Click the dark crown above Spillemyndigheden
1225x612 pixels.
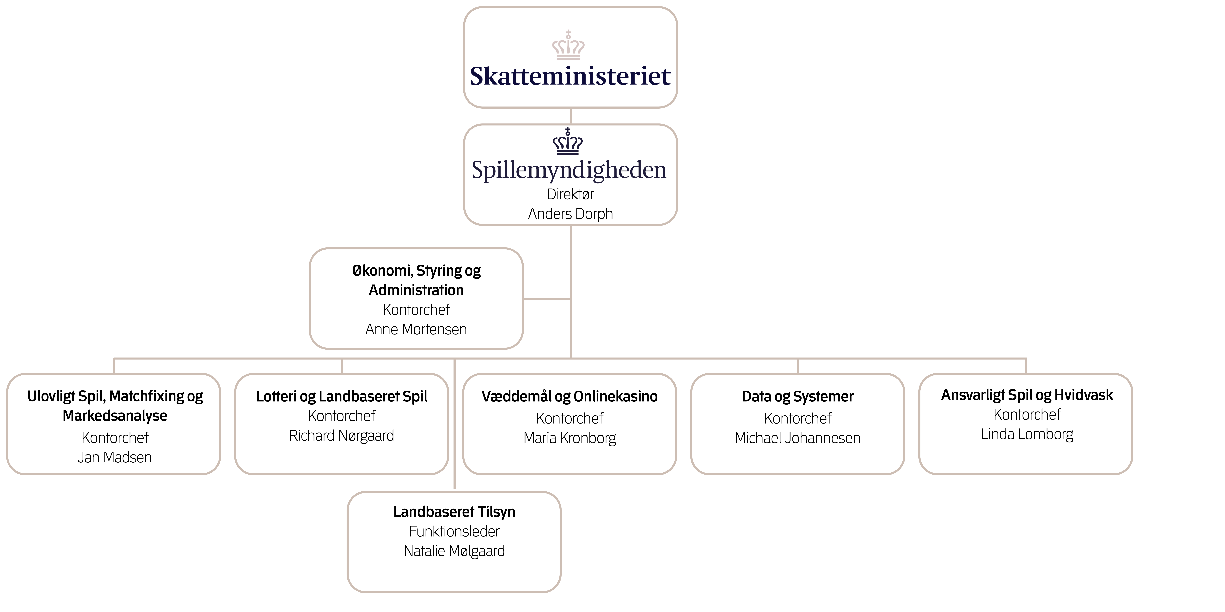(568, 142)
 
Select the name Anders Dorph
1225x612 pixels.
(570, 214)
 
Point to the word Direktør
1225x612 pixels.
(570, 194)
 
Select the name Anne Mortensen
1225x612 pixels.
(416, 329)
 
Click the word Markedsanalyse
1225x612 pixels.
(115, 416)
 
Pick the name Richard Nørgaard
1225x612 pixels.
(341, 436)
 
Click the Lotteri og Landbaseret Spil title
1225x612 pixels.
(341, 396)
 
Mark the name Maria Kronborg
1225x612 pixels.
(570, 438)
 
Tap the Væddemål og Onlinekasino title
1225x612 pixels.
(570, 396)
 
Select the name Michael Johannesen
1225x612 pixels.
(797, 438)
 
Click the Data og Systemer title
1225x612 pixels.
(797, 396)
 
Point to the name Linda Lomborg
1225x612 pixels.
(1027, 434)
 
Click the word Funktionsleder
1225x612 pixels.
(454, 531)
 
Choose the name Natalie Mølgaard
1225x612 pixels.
(454, 551)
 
